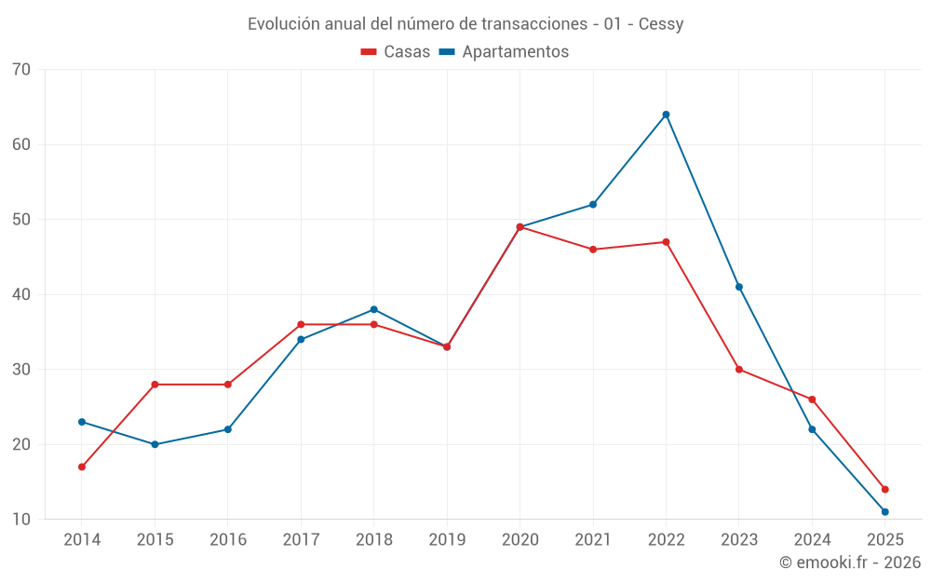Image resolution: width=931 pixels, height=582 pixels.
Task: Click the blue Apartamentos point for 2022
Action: pyautogui.click(x=666, y=115)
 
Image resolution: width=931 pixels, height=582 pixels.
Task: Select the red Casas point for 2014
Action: pyautogui.click(x=82, y=467)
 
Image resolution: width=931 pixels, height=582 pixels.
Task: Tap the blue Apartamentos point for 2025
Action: pyautogui.click(x=884, y=511)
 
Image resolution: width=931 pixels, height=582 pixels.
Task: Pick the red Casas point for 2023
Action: pyautogui.click(x=739, y=370)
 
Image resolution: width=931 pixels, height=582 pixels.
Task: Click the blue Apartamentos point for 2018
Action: pyautogui.click(x=373, y=309)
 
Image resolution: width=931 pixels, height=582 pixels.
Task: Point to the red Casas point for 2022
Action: pyautogui.click(x=666, y=242)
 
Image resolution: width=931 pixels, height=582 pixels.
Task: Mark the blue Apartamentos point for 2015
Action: pyautogui.click(x=155, y=444)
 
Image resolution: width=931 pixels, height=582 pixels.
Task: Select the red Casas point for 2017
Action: pyautogui.click(x=301, y=324)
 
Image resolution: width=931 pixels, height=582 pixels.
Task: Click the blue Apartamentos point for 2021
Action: pyautogui.click(x=593, y=205)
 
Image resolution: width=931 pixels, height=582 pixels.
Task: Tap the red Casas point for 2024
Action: pyautogui.click(x=812, y=399)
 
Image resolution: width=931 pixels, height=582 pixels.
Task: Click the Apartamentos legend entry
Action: pyautogui.click(x=515, y=52)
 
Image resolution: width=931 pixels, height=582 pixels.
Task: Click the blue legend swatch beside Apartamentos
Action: pyautogui.click(x=447, y=52)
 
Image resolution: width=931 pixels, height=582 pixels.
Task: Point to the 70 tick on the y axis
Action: pyautogui.click(x=21, y=70)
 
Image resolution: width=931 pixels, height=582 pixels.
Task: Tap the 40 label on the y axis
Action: pyautogui.click(x=21, y=294)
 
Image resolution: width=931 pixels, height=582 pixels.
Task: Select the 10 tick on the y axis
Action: pyautogui.click(x=21, y=520)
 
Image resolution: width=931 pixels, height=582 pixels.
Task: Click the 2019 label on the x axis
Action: pyautogui.click(x=447, y=540)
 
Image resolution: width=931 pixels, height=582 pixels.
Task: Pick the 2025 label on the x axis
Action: pyautogui.click(x=884, y=540)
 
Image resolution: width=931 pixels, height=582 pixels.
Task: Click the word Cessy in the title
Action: pyautogui.click(x=661, y=24)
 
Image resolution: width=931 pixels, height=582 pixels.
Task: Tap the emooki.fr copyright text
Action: pyautogui.click(x=850, y=562)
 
